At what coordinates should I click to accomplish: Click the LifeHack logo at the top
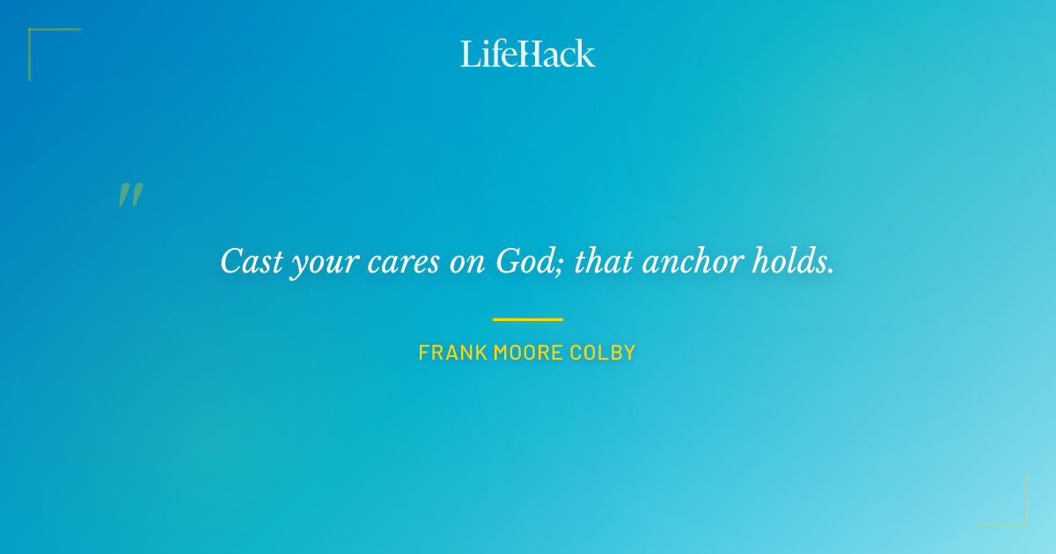pyautogui.click(x=528, y=54)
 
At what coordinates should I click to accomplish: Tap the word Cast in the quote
pyautogui.click(x=246, y=261)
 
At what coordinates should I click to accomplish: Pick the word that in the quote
pyautogui.click(x=604, y=261)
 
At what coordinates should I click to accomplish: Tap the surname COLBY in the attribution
pyautogui.click(x=603, y=354)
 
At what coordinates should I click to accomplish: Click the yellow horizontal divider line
pyautogui.click(x=528, y=319)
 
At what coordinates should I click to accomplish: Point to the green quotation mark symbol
pyautogui.click(x=130, y=195)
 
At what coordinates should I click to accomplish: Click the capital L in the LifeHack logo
pyautogui.click(x=468, y=55)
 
